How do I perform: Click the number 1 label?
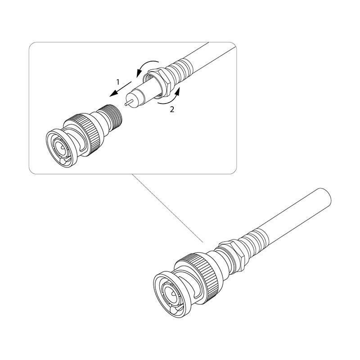[118, 82]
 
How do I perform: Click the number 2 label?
[172, 109]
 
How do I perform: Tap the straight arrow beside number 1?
[120, 89]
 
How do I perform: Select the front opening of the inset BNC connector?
[60, 148]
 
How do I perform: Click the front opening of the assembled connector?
[170, 296]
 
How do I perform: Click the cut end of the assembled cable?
[325, 197]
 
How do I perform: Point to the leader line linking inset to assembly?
[167, 208]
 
